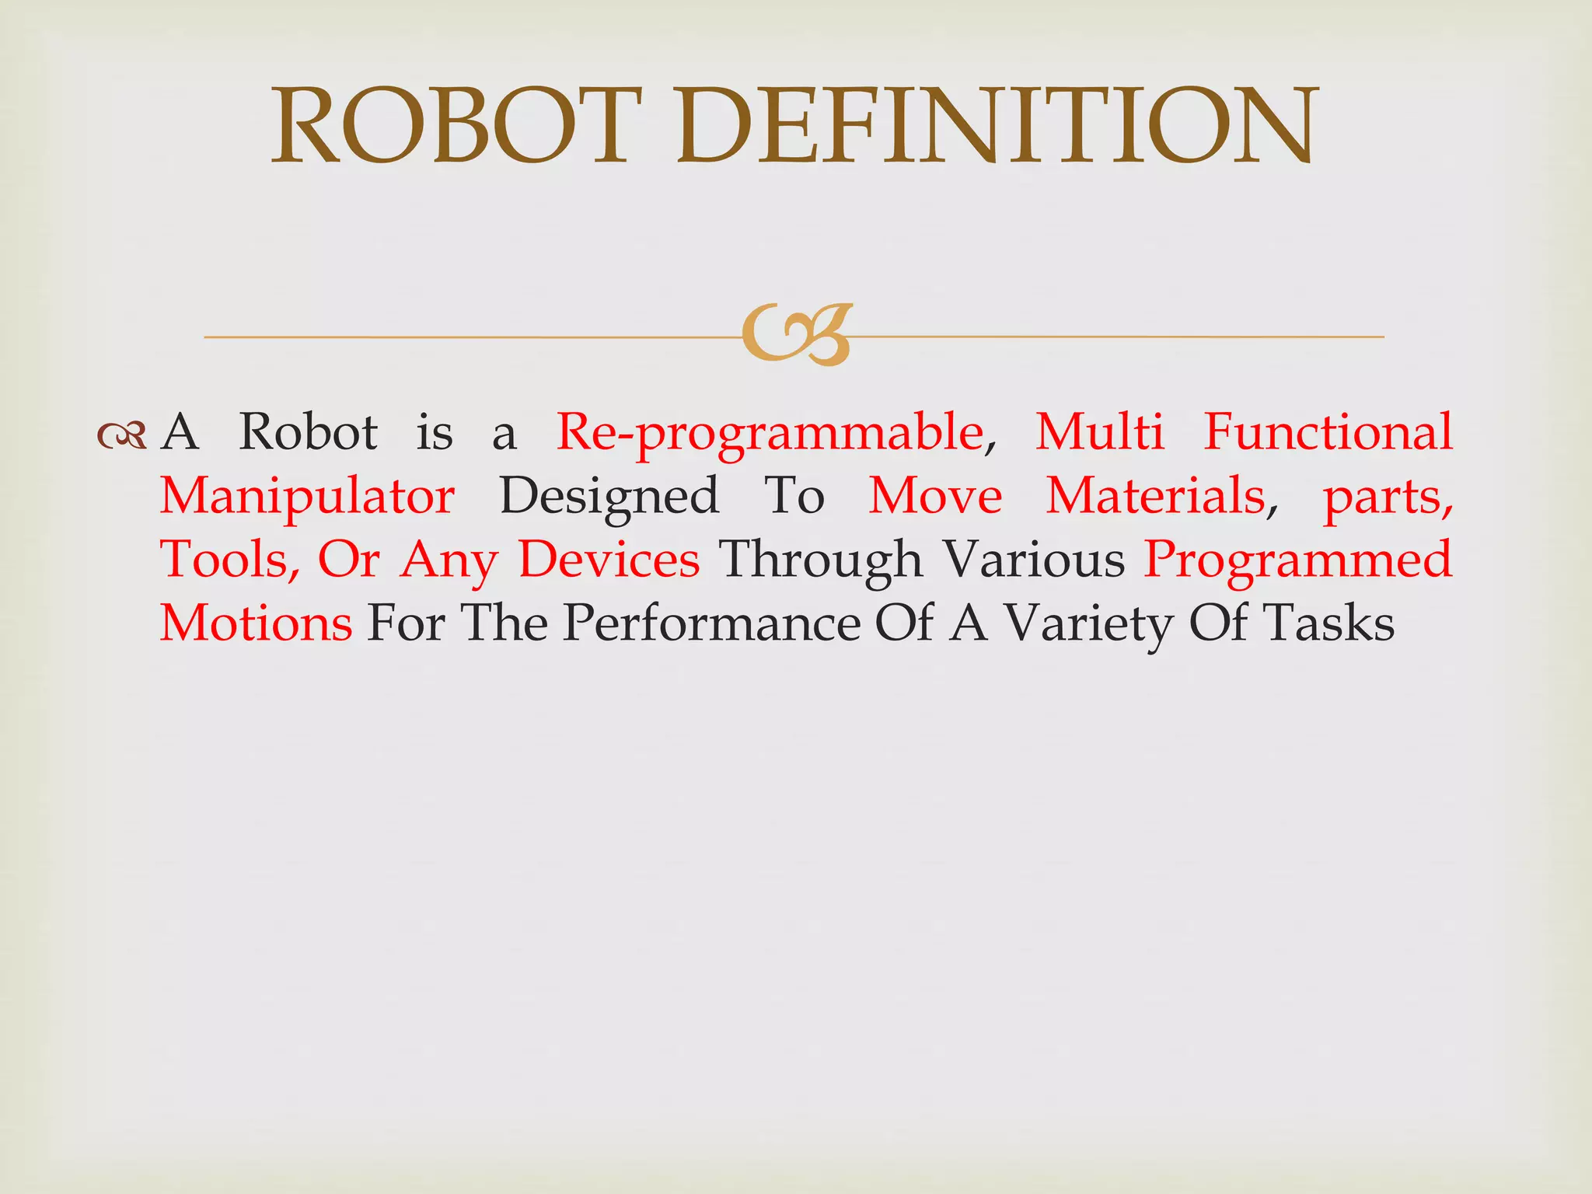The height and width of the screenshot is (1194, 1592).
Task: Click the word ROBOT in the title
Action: click(459, 127)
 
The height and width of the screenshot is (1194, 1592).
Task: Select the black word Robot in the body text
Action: click(308, 432)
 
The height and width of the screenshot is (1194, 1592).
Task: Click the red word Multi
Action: click(1100, 432)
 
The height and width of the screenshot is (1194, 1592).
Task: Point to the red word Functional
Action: click(1328, 432)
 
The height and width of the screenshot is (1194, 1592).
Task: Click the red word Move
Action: click(935, 496)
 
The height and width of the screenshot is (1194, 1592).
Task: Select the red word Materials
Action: click(1155, 496)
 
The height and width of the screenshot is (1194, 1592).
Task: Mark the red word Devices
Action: click(609, 560)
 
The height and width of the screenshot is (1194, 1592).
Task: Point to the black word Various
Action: click(1033, 560)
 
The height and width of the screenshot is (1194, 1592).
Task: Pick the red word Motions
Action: click(256, 624)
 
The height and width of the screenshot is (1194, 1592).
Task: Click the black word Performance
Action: click(711, 624)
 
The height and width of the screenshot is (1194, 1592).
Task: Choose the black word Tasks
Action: click(1328, 624)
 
